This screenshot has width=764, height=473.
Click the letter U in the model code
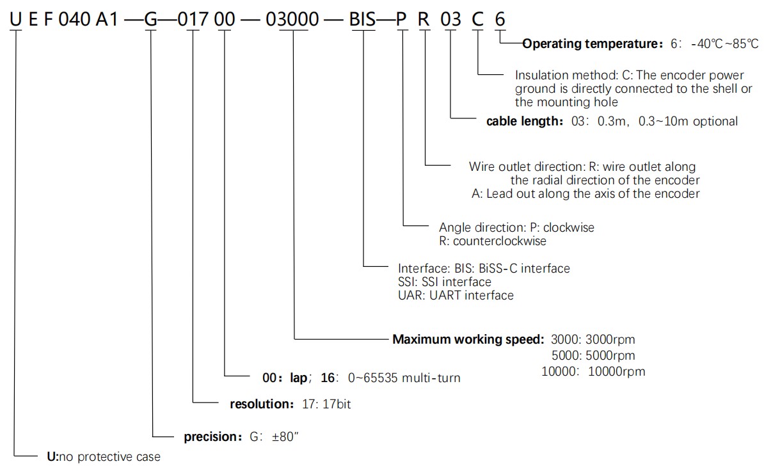coord(15,19)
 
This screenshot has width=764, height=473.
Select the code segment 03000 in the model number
coord(292,19)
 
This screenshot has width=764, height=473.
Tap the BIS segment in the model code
coord(363,19)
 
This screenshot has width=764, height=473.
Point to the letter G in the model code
coord(151,19)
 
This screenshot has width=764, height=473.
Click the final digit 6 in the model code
coord(500,19)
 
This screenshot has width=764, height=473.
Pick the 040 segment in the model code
coord(74,19)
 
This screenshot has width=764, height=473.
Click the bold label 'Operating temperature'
coord(590,44)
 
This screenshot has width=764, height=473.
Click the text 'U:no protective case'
coord(104,456)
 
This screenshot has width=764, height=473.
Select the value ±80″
coord(285,437)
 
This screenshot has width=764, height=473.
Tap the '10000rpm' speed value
coord(616,372)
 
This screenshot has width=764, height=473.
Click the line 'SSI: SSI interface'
coord(444,282)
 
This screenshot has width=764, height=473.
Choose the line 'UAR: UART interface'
coord(456,296)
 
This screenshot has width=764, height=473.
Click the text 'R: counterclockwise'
coord(493,241)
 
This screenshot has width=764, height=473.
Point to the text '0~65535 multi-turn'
coord(404,378)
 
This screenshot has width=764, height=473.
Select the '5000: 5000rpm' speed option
coord(593,355)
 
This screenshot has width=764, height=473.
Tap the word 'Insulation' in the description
coord(541,75)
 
